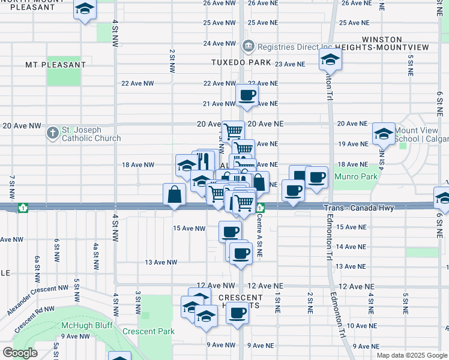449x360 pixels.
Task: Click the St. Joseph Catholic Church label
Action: [90, 134]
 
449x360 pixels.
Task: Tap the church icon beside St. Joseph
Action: [53, 133]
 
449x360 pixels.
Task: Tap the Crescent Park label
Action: [148, 331]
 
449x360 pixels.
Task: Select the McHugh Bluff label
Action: [83, 326]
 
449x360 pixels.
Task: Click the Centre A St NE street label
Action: [260, 235]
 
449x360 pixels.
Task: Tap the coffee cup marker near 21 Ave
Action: [247, 95]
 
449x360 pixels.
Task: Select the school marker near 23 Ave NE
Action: [330, 60]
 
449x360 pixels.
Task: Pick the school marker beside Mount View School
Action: [383, 134]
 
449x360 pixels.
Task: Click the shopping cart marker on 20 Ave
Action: [233, 131]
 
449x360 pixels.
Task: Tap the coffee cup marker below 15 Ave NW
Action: [229, 231]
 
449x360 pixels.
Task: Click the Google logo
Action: [20, 353]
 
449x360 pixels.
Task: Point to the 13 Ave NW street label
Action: [161, 262]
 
